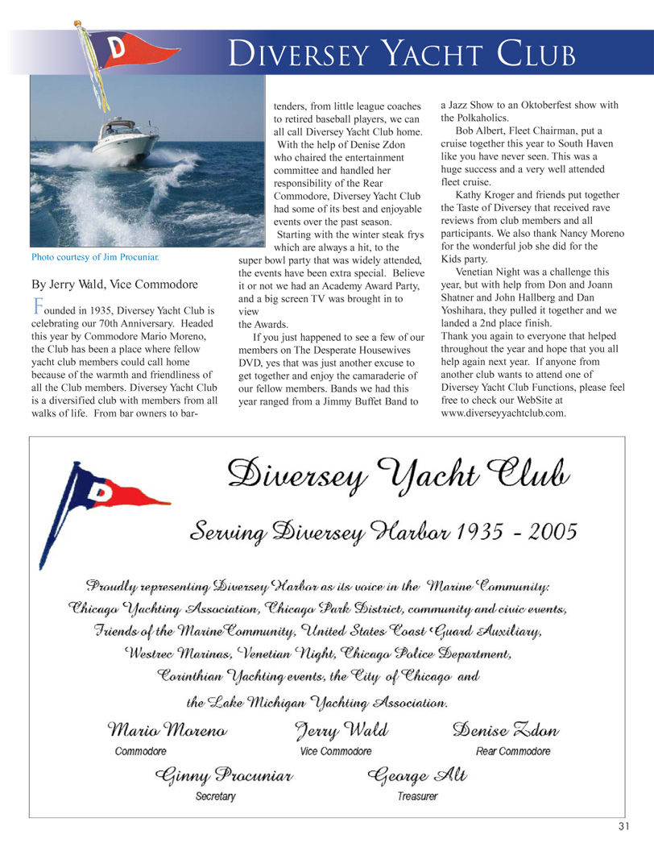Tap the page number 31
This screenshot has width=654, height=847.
[x=624, y=826]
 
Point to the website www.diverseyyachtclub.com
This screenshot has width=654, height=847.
[x=503, y=413]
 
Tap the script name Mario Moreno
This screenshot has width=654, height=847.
[x=168, y=731]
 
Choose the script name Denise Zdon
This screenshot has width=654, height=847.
[x=506, y=731]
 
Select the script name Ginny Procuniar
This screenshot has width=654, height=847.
[x=223, y=776]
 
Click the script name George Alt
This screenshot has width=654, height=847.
[x=416, y=776]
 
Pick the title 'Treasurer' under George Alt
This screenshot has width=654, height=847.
[x=417, y=796]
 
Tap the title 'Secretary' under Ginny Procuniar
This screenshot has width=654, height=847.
[x=216, y=796]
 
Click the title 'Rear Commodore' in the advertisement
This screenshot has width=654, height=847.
[x=513, y=751]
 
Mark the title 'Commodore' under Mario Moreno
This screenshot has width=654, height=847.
[x=141, y=751]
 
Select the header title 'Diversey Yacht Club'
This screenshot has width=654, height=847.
[x=401, y=54]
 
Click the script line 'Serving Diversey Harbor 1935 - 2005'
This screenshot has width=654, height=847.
[x=383, y=532]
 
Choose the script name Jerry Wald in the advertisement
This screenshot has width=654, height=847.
[x=341, y=731]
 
